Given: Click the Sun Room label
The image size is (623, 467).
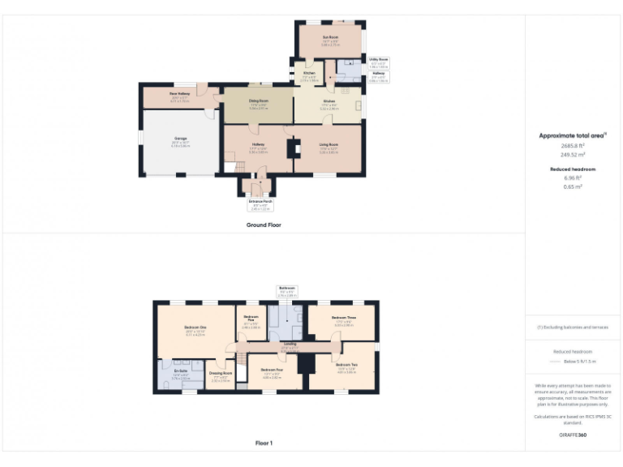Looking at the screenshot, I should [x=329, y=36].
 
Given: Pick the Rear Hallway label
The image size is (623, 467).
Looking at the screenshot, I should [x=180, y=94].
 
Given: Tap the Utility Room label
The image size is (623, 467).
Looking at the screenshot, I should [x=379, y=59].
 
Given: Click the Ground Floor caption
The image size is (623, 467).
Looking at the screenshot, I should [x=264, y=225].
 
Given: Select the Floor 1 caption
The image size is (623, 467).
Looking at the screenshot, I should [x=264, y=443].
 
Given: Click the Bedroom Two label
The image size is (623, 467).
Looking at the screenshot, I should [x=342, y=367].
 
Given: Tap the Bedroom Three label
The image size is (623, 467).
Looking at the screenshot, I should [x=344, y=318].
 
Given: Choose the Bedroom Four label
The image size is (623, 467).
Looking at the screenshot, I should [x=272, y=371].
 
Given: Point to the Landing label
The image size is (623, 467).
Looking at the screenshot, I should [x=290, y=345].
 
